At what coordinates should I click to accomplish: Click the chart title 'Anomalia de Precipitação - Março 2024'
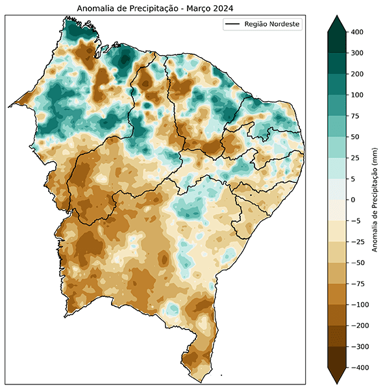(x=154, y=8)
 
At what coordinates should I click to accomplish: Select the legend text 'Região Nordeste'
(x=273, y=25)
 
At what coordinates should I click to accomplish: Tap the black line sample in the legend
(x=232, y=25)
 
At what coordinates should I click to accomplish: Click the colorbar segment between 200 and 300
(x=338, y=64)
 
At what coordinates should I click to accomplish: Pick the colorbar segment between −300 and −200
(x=338, y=336)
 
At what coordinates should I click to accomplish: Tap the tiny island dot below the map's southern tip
(x=221, y=375)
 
